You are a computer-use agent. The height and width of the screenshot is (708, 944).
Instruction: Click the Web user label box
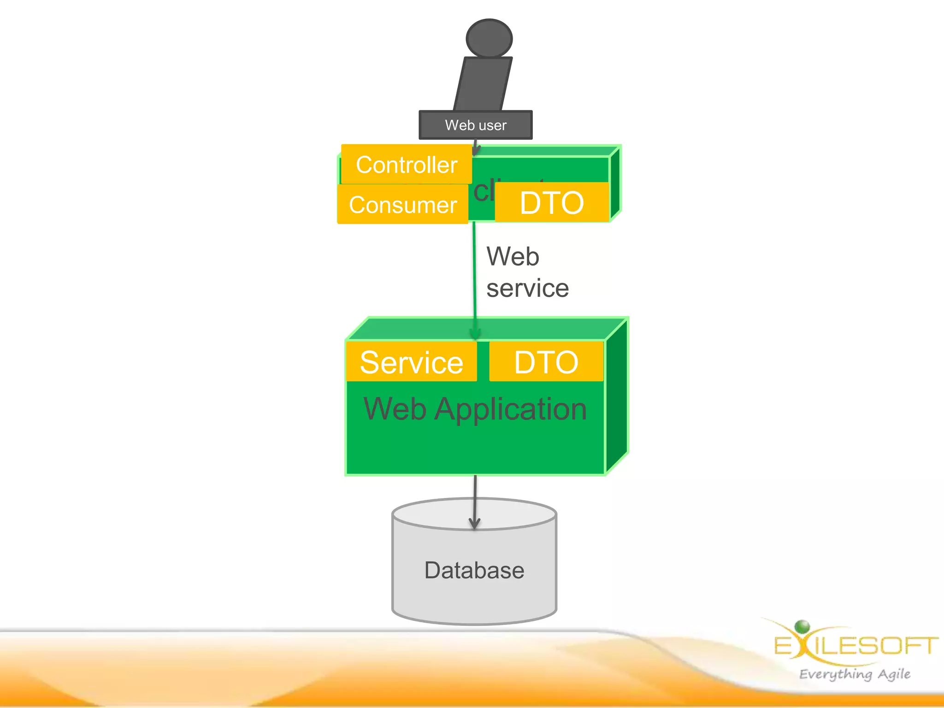pyautogui.click(x=475, y=125)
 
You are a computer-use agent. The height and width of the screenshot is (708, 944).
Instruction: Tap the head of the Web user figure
pyautogui.click(x=489, y=38)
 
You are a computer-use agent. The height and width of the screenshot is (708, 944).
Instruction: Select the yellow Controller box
pyautogui.click(x=406, y=165)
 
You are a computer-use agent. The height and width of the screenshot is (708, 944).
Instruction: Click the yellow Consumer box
pyautogui.click(x=402, y=204)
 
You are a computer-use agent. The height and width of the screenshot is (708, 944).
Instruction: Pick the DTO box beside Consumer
pyautogui.click(x=552, y=202)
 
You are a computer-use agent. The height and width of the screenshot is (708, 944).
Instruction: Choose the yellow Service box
pyautogui.click(x=411, y=362)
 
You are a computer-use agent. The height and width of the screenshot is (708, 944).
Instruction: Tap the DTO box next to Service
pyautogui.click(x=546, y=362)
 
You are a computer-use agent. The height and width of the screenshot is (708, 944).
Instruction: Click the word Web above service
pyautogui.click(x=513, y=256)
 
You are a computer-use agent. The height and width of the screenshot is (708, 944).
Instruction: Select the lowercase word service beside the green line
pyautogui.click(x=527, y=289)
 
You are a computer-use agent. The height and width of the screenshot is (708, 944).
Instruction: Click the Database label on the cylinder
pyautogui.click(x=474, y=570)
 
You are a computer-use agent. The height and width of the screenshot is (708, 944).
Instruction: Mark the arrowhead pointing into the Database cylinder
pyautogui.click(x=474, y=523)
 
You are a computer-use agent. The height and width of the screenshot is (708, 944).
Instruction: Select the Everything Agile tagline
pyautogui.click(x=855, y=674)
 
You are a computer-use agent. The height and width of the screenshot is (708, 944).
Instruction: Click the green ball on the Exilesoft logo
pyautogui.click(x=802, y=626)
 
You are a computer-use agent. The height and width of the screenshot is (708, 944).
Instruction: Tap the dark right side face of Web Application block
pyautogui.click(x=617, y=396)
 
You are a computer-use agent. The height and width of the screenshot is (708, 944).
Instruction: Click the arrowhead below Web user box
pyautogui.click(x=475, y=150)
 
